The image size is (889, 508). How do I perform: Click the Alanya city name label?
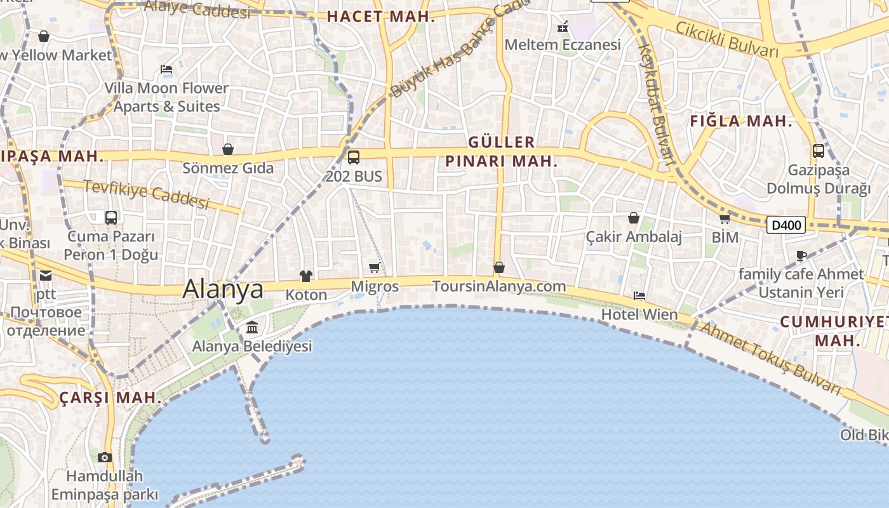(x=223, y=289)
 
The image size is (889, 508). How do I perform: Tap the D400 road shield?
(x=786, y=225)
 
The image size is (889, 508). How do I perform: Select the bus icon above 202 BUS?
(x=354, y=157)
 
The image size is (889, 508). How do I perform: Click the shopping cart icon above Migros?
(x=374, y=268)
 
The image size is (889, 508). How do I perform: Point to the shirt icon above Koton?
(x=306, y=276)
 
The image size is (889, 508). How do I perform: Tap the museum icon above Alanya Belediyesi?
(x=252, y=328)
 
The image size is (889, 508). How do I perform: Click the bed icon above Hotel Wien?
(x=639, y=296)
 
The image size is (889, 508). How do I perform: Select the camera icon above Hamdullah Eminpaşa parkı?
(x=105, y=457)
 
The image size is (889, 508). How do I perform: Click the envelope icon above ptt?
(x=46, y=276)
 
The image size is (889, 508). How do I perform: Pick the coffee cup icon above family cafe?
(x=801, y=256)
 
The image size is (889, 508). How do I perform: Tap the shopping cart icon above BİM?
(x=725, y=219)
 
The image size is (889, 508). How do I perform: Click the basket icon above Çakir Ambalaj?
(x=634, y=218)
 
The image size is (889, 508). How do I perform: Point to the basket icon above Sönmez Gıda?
(x=228, y=149)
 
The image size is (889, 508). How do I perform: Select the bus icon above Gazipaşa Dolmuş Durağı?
(x=819, y=151)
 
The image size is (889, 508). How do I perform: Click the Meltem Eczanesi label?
(x=563, y=45)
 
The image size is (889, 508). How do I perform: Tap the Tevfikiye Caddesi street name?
(x=146, y=193)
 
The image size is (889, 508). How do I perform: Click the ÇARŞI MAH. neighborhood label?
(x=110, y=398)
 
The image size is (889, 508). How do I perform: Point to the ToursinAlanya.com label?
(x=499, y=286)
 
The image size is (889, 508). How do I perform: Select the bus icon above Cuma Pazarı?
(x=111, y=218)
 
